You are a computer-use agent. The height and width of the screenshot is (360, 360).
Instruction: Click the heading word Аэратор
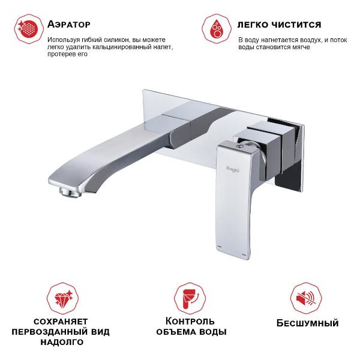coord(68,25)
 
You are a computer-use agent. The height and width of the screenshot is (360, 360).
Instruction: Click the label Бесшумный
coord(308,323)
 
